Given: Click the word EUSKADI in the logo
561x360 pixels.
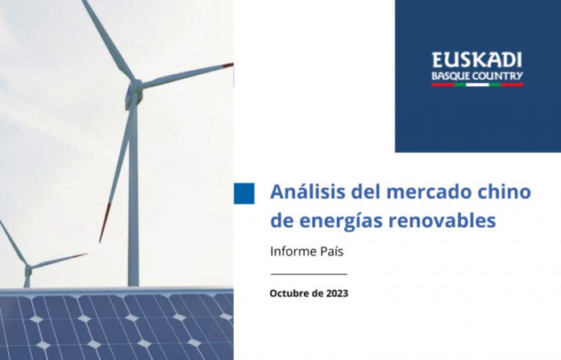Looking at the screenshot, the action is [x=477, y=60].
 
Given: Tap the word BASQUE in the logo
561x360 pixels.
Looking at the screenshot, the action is [x=451, y=77].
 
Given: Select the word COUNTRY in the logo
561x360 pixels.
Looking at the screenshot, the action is [x=497, y=77].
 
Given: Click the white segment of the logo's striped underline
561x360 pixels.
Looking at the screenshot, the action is [x=478, y=85].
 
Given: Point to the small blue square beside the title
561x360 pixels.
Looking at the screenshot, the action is [x=244, y=193].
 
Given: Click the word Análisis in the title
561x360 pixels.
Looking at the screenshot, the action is [x=308, y=191].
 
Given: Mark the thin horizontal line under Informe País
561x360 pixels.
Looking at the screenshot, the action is [x=310, y=274].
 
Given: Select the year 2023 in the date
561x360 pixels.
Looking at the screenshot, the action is [x=337, y=293].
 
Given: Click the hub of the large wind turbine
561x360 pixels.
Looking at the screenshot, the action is [x=136, y=87].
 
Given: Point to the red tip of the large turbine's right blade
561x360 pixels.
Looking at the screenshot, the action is [x=229, y=65].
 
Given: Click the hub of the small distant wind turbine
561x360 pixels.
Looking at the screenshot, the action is [x=28, y=267].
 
